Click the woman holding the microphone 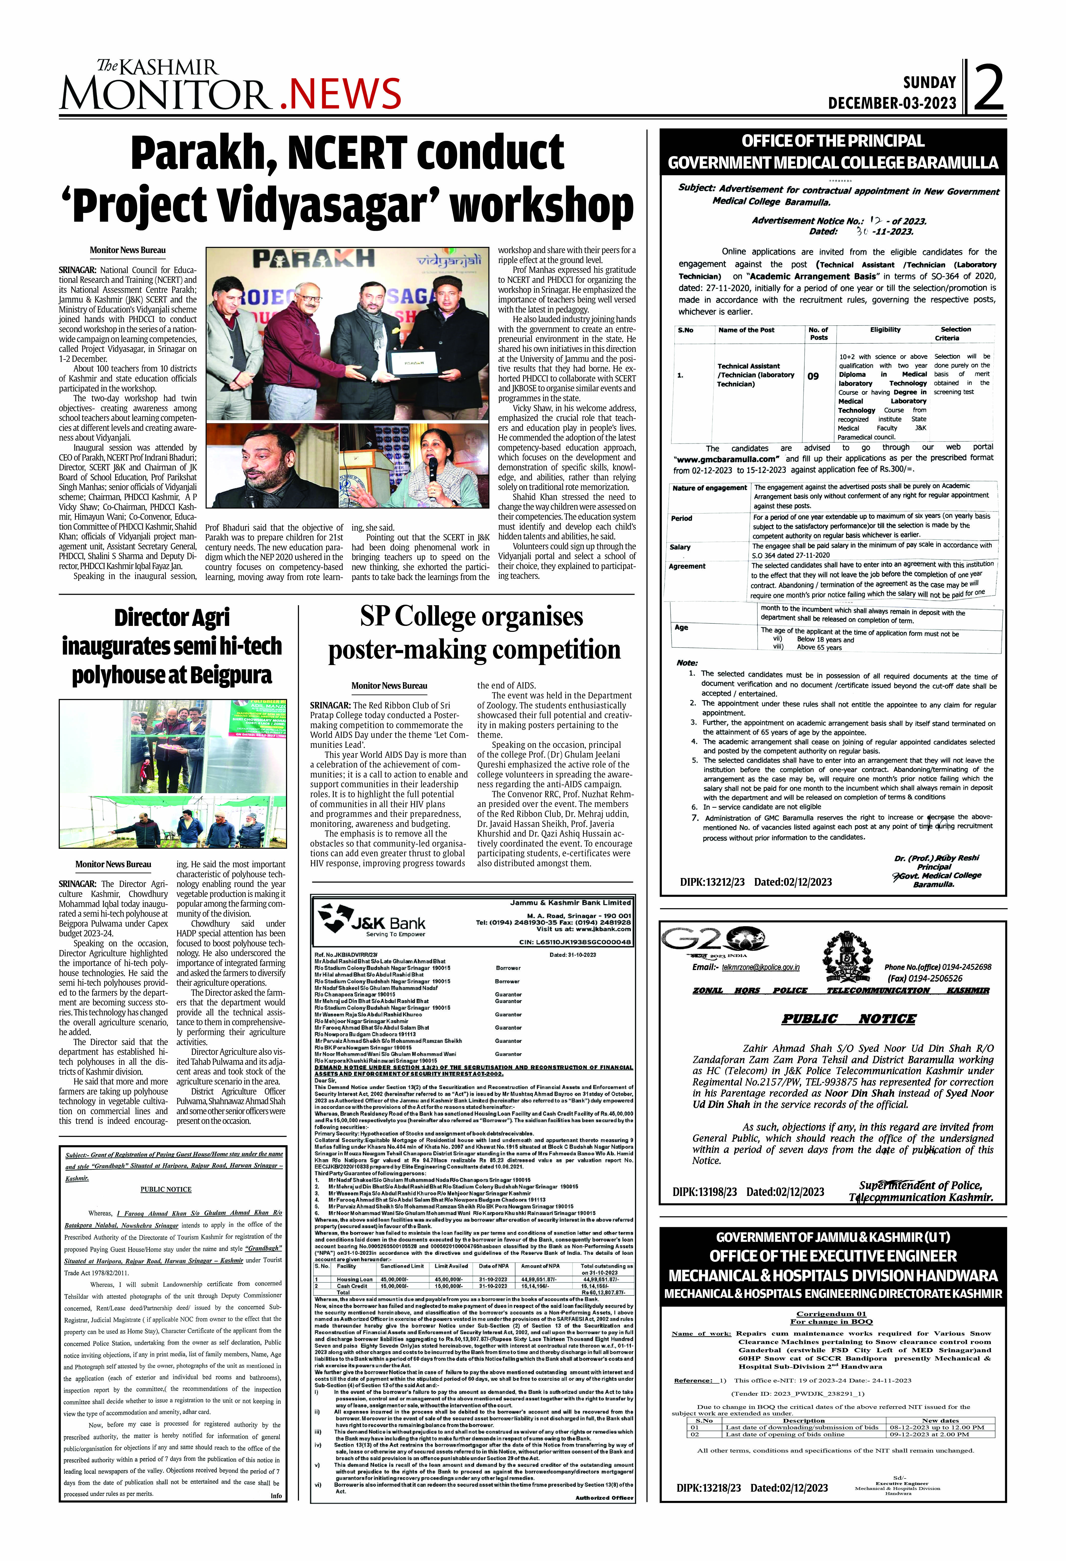click(433, 464)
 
